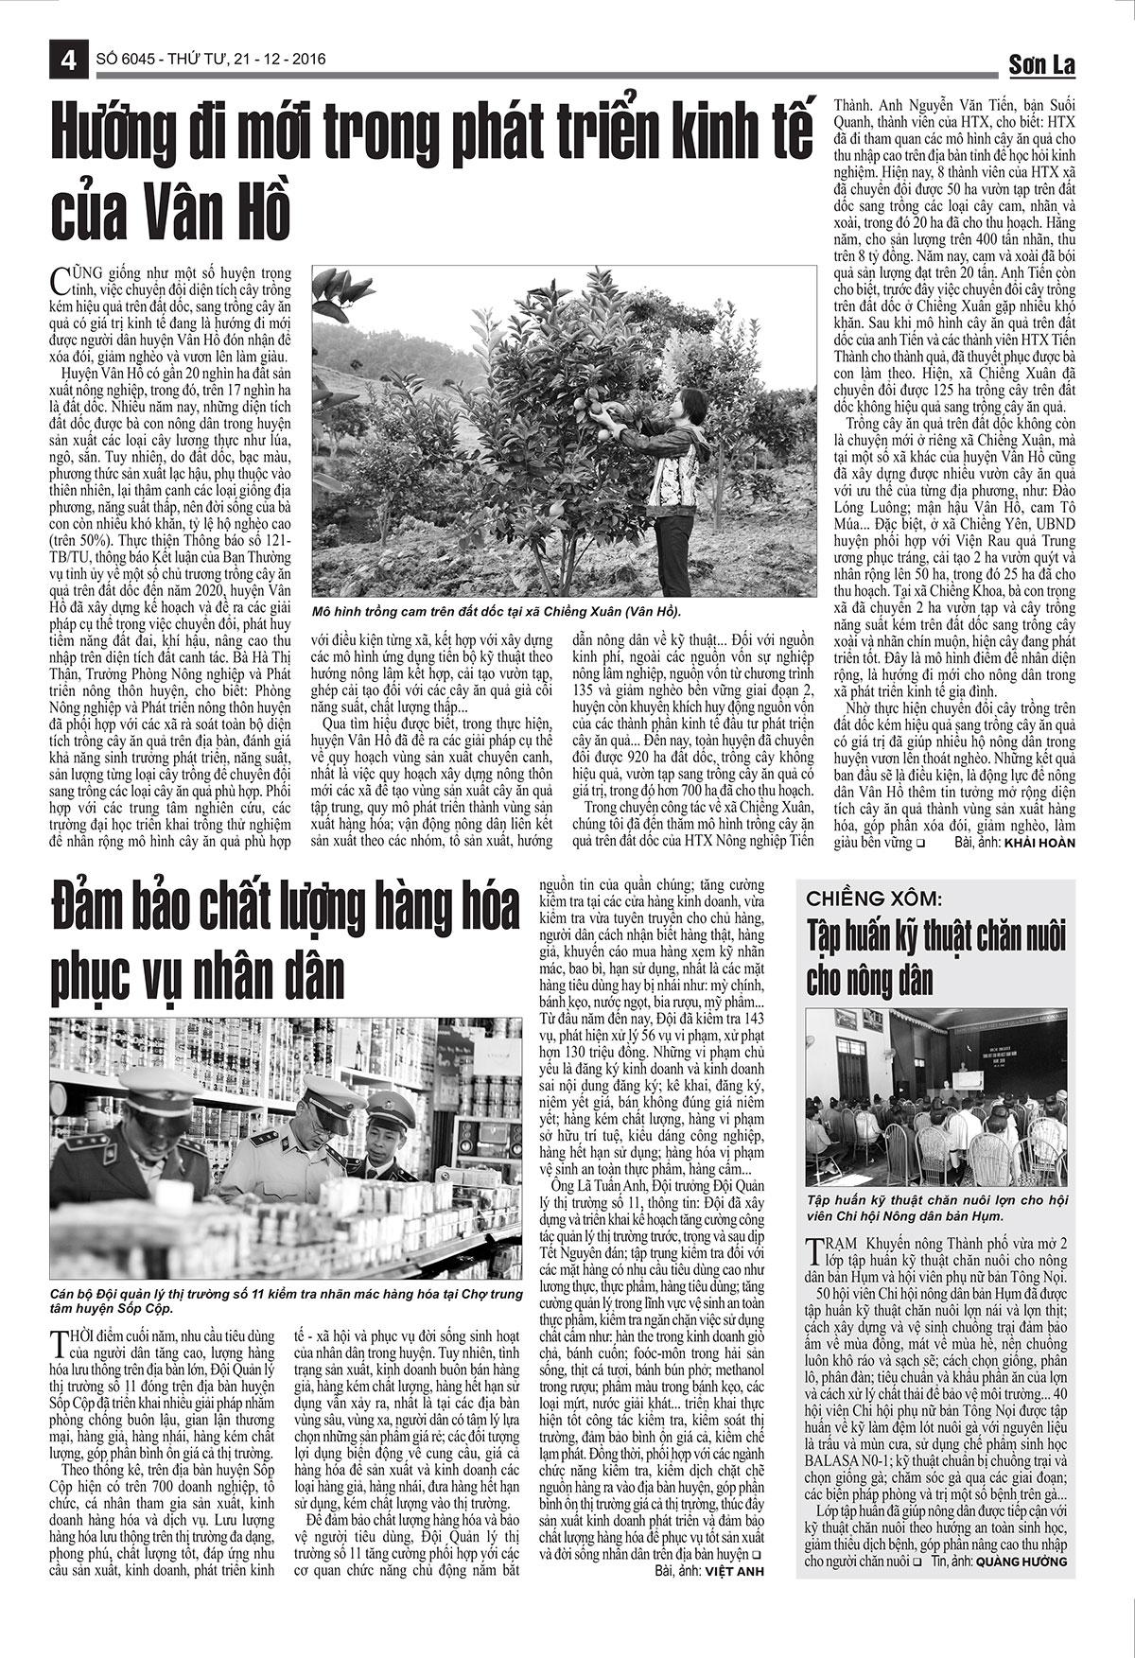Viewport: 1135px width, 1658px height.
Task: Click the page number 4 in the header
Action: [68, 59]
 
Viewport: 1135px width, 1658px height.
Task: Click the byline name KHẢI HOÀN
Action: [1039, 842]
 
